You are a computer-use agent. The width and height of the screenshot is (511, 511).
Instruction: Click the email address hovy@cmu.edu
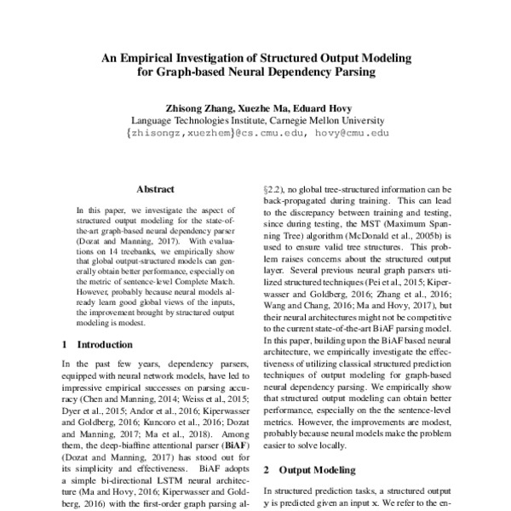pos(353,134)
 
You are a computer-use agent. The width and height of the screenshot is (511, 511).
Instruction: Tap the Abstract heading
pos(154,189)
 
